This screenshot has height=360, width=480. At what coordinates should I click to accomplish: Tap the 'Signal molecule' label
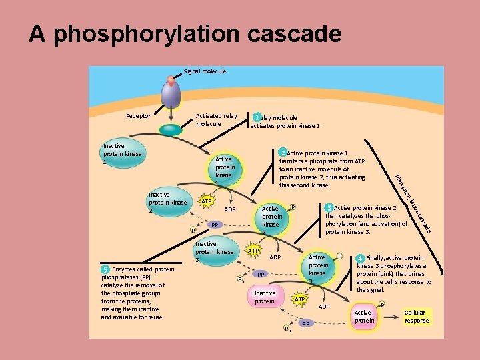tap(205, 71)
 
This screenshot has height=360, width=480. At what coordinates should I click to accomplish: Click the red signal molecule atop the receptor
tap(171, 81)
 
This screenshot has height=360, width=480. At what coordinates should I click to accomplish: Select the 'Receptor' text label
tap(139, 116)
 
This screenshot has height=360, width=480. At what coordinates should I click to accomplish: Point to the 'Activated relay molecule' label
tap(216, 120)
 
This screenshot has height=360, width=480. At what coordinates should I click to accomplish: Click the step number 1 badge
tap(257, 117)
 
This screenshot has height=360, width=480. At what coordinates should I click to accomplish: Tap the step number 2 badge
tap(283, 153)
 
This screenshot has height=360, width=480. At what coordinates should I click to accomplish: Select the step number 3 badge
tap(329, 207)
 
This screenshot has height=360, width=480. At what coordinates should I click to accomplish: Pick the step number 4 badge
tap(360, 258)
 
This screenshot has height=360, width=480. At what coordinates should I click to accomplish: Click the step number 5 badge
tap(105, 269)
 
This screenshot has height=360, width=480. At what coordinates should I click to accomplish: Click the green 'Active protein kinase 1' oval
tap(223, 171)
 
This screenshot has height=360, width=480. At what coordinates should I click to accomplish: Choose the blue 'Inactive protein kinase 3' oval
tap(214, 252)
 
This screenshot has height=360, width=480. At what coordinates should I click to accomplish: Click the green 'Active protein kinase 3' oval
tap(317, 268)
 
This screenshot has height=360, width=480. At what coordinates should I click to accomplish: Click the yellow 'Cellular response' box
tap(417, 317)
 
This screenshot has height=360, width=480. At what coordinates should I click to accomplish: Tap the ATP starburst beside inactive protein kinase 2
tap(207, 201)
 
